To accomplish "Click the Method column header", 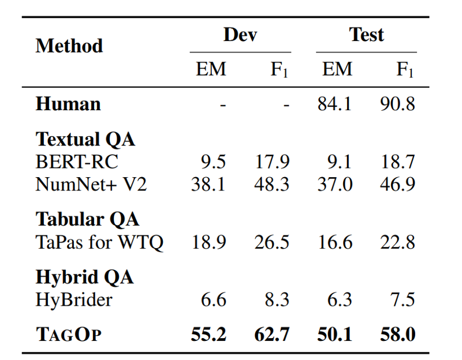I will [69, 46].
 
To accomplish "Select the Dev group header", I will [240, 35].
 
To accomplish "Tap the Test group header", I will [366, 35].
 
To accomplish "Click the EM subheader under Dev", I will [211, 69].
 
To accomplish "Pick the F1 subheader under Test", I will [405, 70].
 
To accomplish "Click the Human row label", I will [68, 104].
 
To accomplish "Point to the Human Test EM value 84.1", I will [335, 104].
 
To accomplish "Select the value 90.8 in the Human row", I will [397, 104].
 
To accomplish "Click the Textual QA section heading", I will [85, 139].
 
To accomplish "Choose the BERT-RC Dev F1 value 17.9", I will [272, 162].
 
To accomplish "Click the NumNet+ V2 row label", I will [91, 184].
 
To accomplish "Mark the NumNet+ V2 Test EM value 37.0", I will [335, 184].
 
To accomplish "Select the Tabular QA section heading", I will [87, 219].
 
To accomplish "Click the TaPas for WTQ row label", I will [99, 242].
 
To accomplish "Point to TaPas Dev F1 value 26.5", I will [272, 242].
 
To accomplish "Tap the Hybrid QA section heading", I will [84, 277].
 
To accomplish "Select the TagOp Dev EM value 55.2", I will [208, 335].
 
